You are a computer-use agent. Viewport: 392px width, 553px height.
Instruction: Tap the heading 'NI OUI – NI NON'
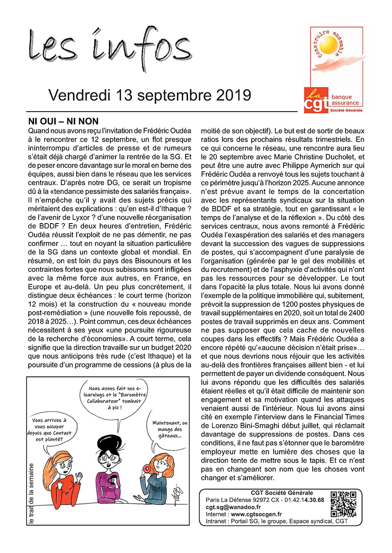63,121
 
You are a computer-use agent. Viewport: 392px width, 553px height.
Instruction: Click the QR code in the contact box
343,504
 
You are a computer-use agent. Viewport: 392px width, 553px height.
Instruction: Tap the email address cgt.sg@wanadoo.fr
233,507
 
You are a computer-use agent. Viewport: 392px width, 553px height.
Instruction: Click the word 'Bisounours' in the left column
150,261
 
